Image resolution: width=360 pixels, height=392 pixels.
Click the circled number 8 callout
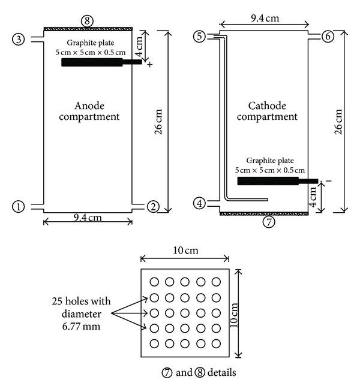(88, 20)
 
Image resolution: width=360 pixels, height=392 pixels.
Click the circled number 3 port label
(19, 39)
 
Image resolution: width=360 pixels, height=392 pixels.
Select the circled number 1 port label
(19, 207)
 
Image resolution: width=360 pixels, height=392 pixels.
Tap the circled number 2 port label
(153, 207)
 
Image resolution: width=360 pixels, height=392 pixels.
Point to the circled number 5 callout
(200, 37)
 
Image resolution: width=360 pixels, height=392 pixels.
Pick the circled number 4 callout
(200, 203)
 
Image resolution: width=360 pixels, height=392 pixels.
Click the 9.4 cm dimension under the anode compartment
(87, 218)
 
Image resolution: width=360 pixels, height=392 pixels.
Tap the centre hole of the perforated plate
(185, 313)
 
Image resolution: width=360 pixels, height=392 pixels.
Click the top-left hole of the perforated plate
(154, 282)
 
